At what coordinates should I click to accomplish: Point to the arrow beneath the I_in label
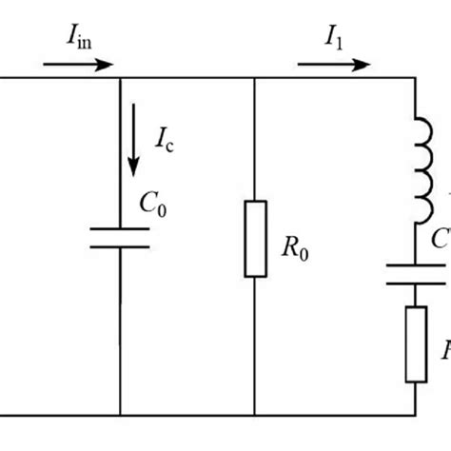[79, 66]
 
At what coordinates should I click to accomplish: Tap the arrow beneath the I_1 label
[333, 66]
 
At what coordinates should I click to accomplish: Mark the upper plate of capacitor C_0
[120, 228]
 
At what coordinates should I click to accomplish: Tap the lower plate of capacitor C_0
[120, 245]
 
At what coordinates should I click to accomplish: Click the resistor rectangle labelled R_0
[255, 238]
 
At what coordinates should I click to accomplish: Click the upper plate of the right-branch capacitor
[416, 267]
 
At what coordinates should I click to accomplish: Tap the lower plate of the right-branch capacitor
[416, 284]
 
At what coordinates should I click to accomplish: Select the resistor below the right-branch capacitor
[416, 344]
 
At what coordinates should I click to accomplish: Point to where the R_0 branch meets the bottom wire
[255, 415]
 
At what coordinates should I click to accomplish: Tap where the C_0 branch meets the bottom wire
[120, 415]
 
